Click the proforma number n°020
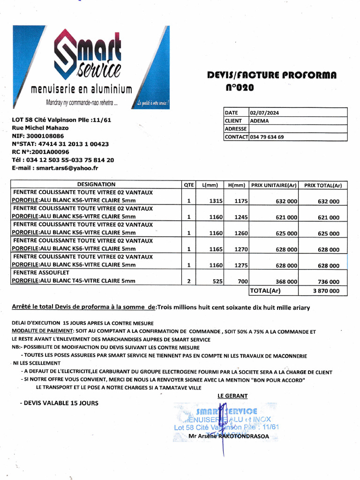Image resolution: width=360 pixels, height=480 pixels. (239, 88)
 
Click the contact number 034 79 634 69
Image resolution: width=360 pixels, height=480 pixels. (267, 137)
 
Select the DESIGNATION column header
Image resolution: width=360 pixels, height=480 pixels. (96, 185)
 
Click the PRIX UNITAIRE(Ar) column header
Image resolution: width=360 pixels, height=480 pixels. (274, 185)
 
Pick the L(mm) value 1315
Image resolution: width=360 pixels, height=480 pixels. (216, 201)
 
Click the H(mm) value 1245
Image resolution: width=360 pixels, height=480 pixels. (241, 217)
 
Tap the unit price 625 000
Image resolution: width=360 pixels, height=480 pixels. (286, 233)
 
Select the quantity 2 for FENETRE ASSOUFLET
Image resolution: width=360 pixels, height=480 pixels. (188, 282)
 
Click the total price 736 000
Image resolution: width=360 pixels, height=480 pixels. (328, 282)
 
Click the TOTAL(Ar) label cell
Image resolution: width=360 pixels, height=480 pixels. (265, 291)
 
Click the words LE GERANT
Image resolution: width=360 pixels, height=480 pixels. (232, 396)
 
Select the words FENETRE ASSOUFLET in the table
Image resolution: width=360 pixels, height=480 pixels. (41, 272)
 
